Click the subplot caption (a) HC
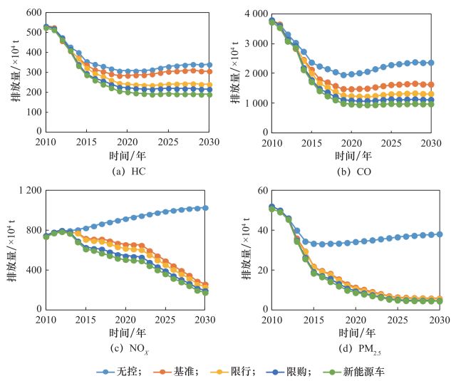click(127, 171)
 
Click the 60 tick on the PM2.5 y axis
click(260, 190)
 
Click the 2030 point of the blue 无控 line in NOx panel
click(206, 208)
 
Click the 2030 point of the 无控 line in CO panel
click(431, 63)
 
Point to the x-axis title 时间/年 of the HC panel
click(127, 155)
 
